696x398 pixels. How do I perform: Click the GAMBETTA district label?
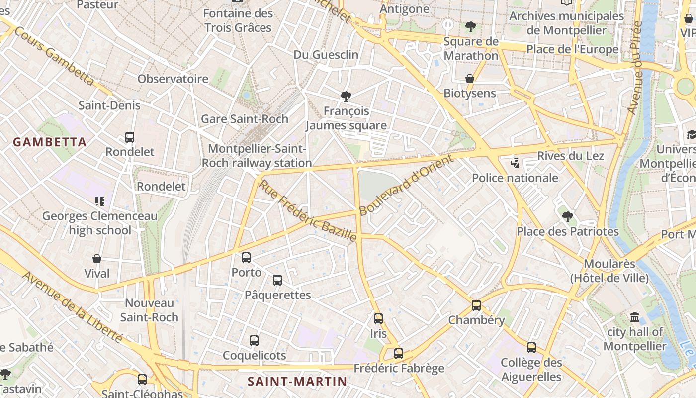coord(50,142)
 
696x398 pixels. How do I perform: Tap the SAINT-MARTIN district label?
coord(297,382)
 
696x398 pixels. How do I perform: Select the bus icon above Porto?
coord(246,258)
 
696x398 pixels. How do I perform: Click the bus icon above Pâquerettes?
coord(277,280)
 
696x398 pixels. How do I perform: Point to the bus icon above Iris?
coord(378,319)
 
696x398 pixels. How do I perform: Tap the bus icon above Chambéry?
coord(476,305)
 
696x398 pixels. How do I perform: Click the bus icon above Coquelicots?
coord(254,341)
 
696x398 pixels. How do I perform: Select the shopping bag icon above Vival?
coord(97,259)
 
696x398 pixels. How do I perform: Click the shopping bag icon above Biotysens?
coord(469,79)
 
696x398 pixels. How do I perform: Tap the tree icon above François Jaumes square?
coord(346,96)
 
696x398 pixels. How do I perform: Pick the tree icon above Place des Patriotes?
coord(567,216)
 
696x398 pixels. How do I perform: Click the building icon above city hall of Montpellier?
coord(635,317)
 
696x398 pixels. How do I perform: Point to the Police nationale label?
coord(515,178)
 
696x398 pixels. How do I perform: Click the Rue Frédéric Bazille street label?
coord(308,211)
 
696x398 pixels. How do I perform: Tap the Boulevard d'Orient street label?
coord(406,185)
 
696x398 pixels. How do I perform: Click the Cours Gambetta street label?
coord(54,56)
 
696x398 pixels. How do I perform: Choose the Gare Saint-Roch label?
coord(245,119)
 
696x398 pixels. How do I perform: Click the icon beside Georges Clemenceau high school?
coord(100,201)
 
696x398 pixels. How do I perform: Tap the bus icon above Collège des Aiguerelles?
coord(531,348)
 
